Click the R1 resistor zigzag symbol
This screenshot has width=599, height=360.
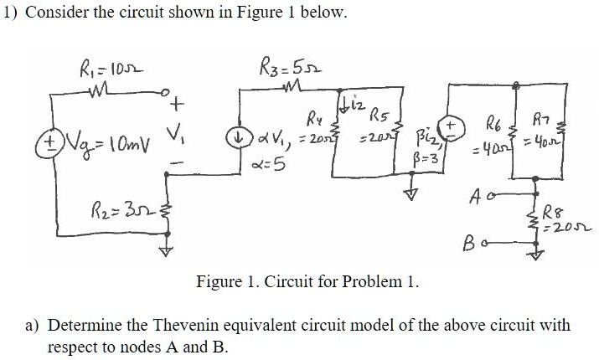[102, 87]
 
